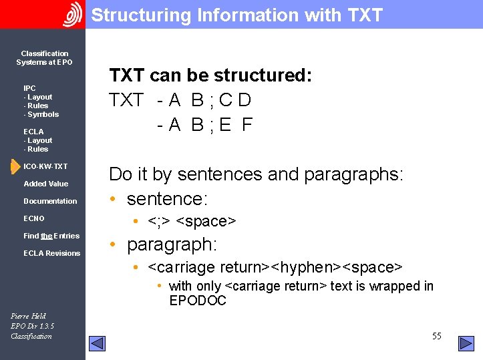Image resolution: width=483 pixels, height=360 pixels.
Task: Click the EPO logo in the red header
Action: coord(72,14)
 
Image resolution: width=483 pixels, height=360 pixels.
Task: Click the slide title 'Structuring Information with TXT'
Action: coord(237,15)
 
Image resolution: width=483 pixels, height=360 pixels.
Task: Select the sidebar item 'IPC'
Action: coord(29,88)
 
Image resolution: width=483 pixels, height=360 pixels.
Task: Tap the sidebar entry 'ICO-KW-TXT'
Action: coord(45,166)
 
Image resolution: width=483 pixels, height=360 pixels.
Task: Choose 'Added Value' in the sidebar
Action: coord(45,184)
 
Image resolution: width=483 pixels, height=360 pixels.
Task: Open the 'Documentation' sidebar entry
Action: coord(50,201)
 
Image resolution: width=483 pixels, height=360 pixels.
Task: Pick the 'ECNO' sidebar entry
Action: coord(34,218)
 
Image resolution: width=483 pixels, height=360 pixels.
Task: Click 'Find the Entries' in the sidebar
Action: coord(51,236)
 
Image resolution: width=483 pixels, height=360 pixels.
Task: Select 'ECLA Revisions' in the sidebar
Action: coord(51,253)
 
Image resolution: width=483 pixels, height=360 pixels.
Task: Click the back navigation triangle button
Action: coord(98,343)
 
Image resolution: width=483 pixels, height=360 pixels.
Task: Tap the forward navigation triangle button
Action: coord(466,343)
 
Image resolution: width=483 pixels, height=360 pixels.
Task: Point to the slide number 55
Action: coord(436,336)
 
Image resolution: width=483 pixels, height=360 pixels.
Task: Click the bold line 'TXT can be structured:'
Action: coord(210,75)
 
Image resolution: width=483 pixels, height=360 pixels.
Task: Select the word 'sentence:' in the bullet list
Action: coord(167,198)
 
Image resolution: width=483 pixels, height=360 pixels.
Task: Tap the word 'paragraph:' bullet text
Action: coord(172,244)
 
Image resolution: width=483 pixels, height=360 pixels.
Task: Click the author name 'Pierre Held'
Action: coord(28,316)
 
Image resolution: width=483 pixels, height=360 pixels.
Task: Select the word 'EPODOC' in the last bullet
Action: coord(198,301)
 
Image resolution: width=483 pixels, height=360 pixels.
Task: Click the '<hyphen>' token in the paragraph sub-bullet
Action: coord(304,267)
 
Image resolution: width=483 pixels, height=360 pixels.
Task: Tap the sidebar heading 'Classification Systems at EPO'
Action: coord(45,57)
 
